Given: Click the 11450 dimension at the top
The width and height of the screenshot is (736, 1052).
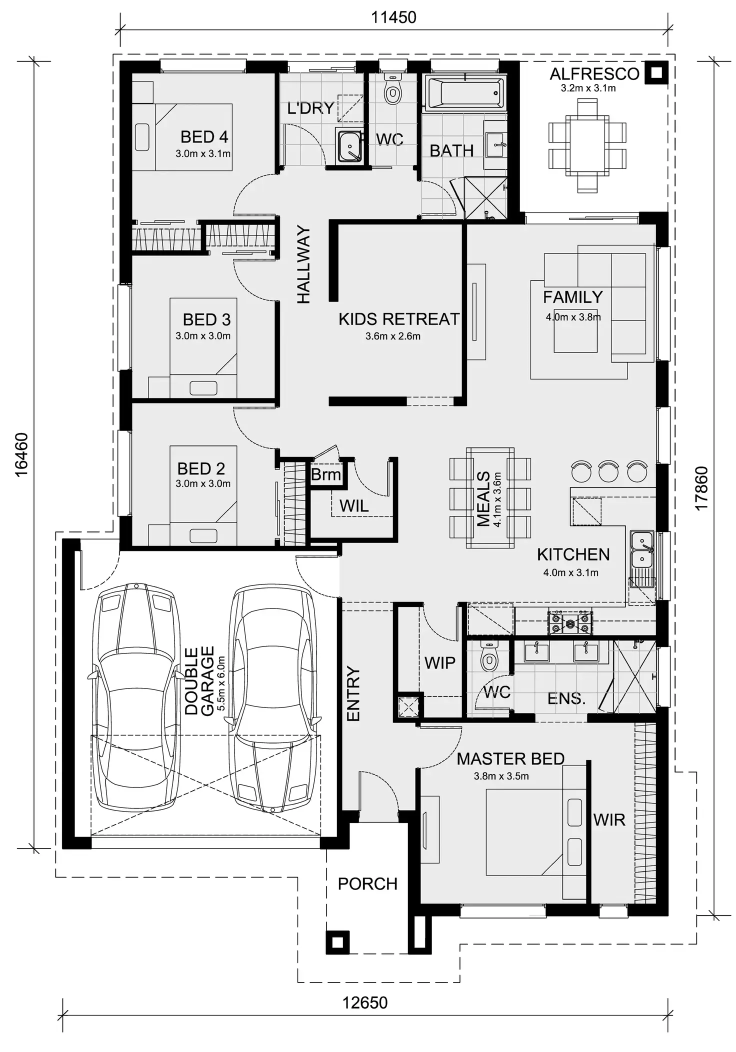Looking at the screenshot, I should (393, 17).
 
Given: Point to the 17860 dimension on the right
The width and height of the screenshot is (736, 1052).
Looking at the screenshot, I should (701, 488).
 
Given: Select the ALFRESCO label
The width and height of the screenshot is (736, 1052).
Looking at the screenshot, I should (594, 74).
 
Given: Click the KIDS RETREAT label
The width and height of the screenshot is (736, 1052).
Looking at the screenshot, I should (398, 319).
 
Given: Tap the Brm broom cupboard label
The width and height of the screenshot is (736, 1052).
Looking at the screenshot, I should (325, 474).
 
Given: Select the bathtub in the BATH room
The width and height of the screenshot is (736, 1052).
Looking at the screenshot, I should (464, 92).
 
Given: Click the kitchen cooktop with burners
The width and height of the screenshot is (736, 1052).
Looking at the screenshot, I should (570, 623).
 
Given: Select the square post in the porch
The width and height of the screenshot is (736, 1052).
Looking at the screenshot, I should (337, 942).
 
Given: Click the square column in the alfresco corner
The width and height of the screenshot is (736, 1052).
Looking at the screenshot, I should (656, 73).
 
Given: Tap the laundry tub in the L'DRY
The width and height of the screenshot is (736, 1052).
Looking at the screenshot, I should (349, 145).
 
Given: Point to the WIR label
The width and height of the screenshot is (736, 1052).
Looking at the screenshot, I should (609, 820).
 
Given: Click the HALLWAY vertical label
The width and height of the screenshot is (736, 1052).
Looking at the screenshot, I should (303, 265).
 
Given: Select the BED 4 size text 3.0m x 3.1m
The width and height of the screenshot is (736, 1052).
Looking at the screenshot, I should (203, 154).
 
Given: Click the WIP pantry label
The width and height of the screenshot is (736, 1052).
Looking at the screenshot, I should (439, 663).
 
